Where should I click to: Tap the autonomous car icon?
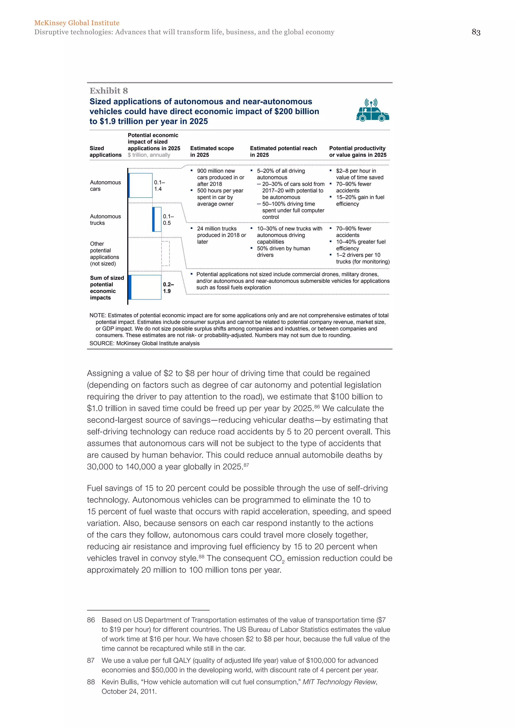(x=372, y=111)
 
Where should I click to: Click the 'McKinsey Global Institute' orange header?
(x=77, y=23)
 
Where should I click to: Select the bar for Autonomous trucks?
(x=157, y=219)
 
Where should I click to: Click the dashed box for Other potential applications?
(x=165, y=253)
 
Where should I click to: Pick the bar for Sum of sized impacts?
(x=145, y=287)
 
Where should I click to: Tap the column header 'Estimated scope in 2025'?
(x=212, y=152)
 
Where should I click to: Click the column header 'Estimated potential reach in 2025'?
(x=283, y=152)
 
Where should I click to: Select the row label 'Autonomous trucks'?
(x=105, y=219)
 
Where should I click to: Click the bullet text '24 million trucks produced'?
(x=221, y=235)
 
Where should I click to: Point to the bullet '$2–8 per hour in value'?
(x=359, y=174)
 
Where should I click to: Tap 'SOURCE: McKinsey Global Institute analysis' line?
(x=144, y=343)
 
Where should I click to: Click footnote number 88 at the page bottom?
(x=91, y=682)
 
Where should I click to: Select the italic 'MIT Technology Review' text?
(x=339, y=682)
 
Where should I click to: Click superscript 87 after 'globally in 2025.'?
(x=246, y=465)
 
